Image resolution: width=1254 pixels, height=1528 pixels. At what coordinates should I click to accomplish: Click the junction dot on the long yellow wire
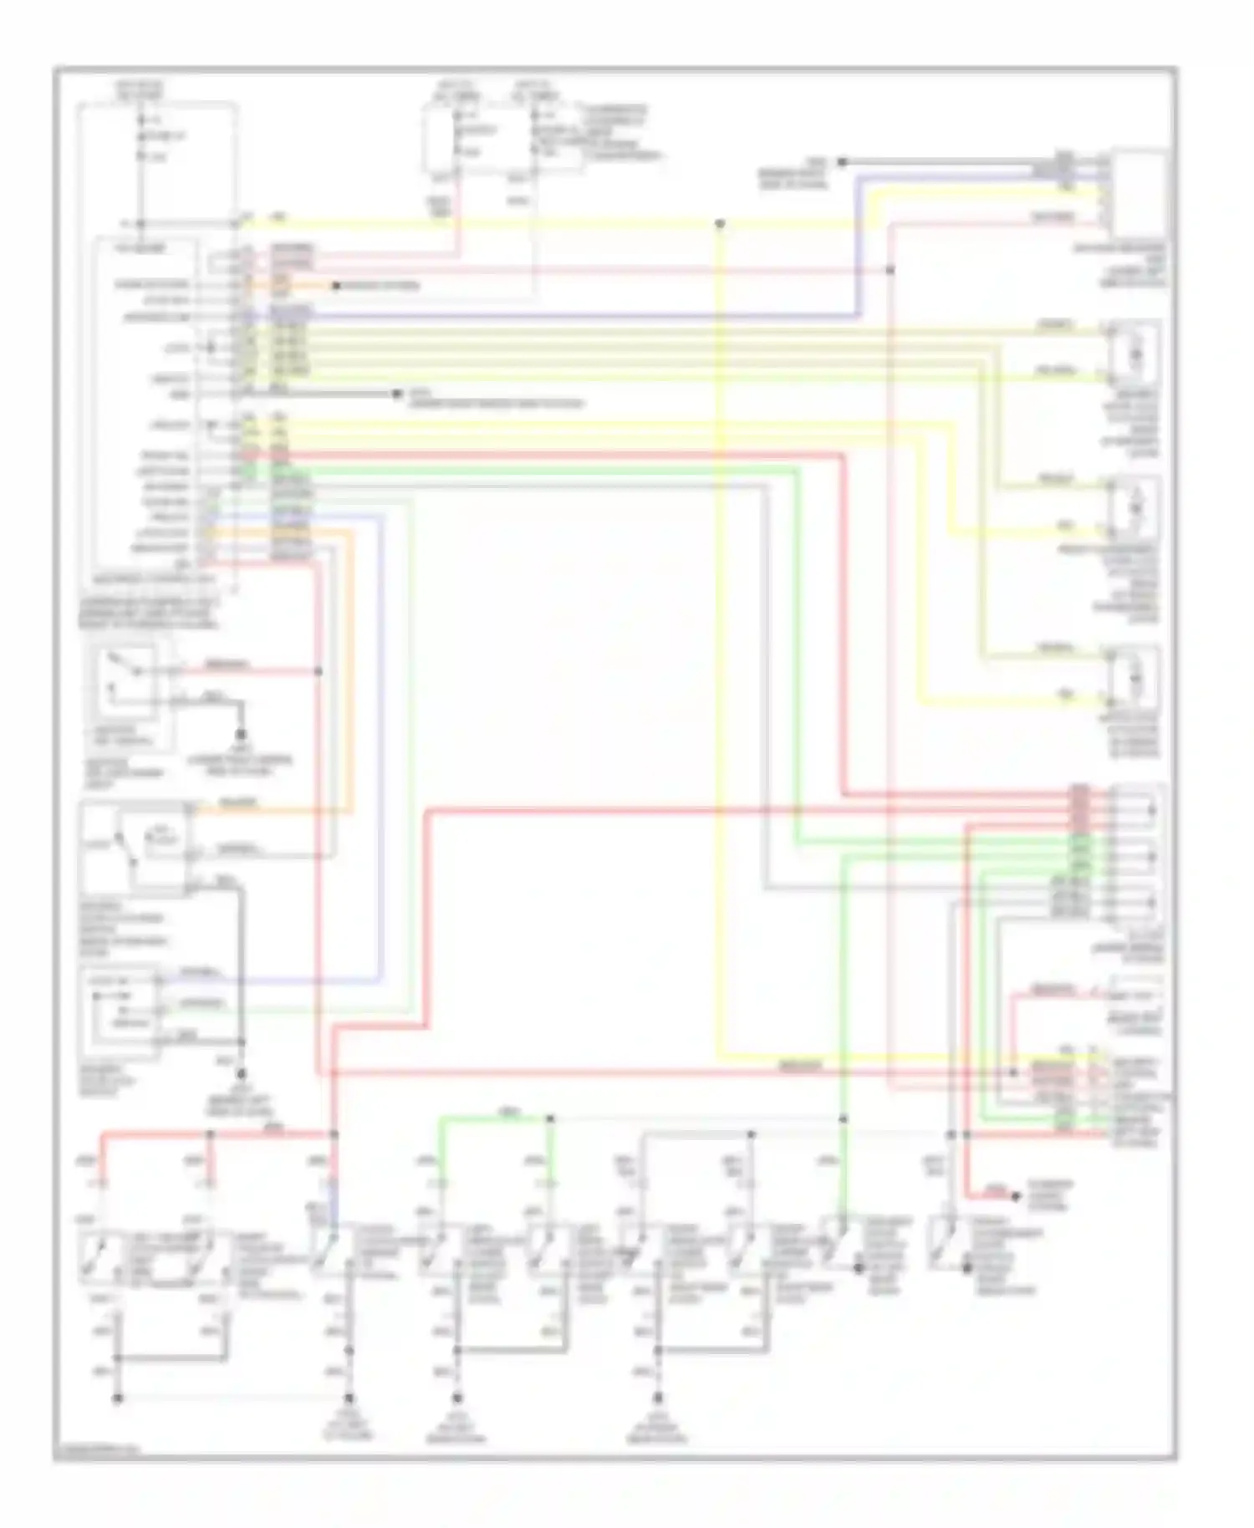[x=720, y=224]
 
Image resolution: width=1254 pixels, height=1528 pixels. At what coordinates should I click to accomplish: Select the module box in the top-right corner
[x=1139, y=194]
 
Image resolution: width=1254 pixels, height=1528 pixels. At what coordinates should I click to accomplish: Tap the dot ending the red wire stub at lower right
[x=1017, y=1197]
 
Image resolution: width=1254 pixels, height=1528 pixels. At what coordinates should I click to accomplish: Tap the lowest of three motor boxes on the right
[x=1135, y=677]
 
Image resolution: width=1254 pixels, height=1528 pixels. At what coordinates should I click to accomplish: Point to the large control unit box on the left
[x=147, y=401]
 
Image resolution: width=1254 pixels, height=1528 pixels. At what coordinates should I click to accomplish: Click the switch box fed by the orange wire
[x=134, y=844]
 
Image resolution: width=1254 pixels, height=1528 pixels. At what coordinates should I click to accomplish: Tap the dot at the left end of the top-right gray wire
[x=843, y=160]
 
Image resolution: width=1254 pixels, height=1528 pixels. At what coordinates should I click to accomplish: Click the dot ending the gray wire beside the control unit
[x=395, y=392]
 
